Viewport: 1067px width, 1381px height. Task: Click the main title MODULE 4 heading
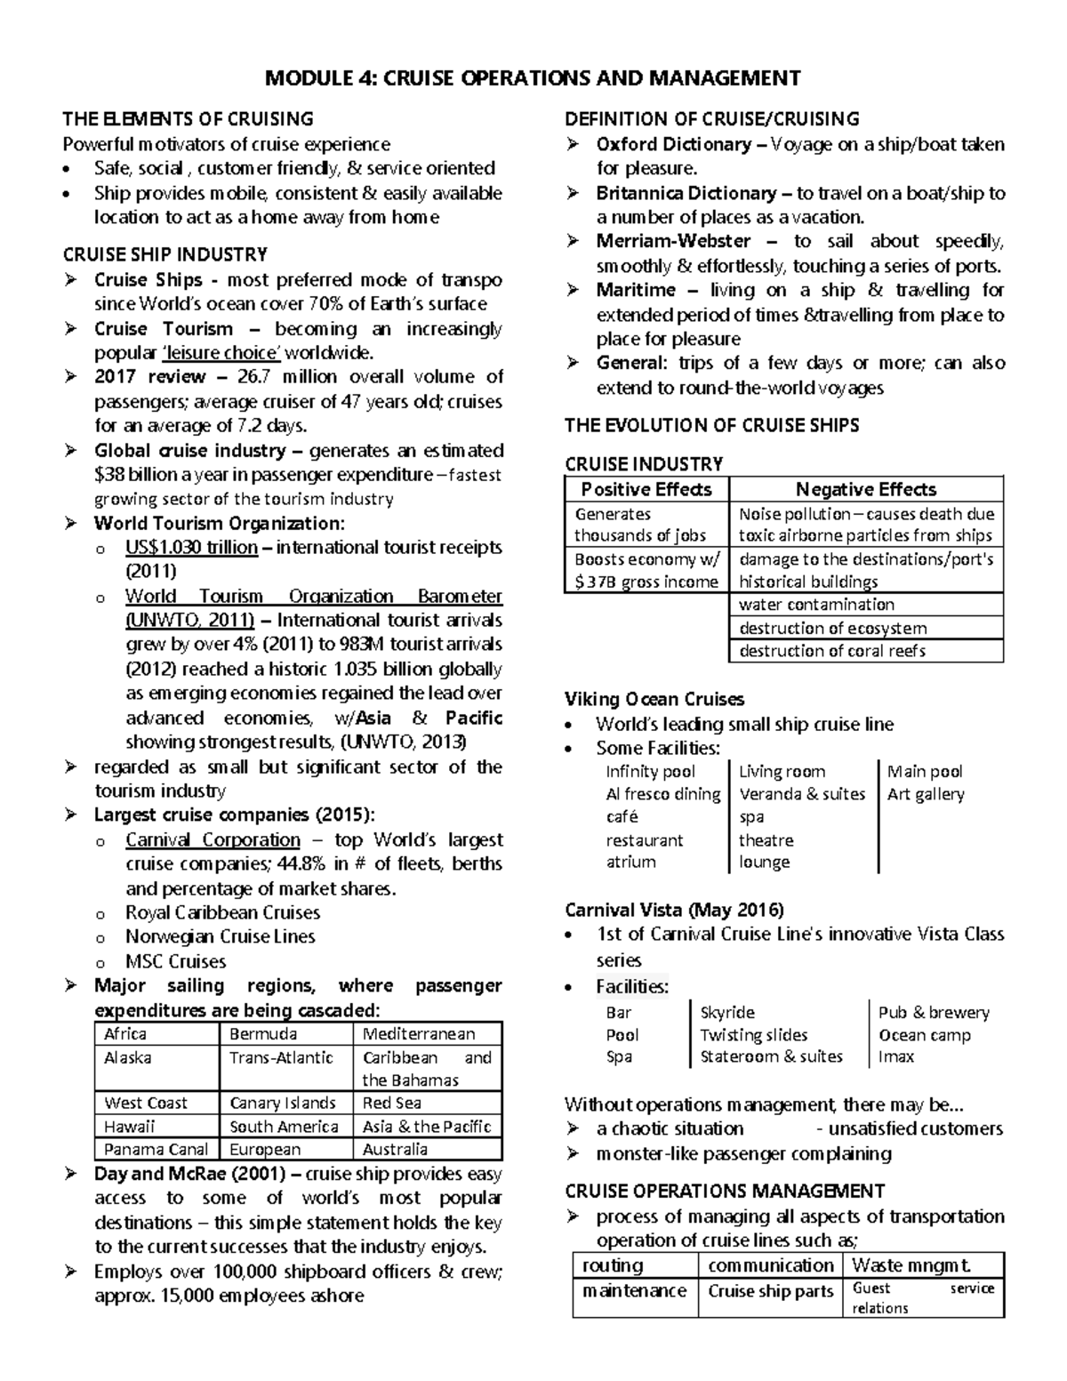coord(533,78)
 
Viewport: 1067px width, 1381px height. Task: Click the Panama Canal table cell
coord(156,1149)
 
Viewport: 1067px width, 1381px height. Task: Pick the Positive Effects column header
coord(646,489)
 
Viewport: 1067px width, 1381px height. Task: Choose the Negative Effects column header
coord(865,489)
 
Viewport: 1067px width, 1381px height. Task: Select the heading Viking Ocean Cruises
coord(654,699)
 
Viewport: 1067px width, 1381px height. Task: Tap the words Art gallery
coord(925,794)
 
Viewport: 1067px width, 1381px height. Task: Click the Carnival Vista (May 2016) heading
coord(674,910)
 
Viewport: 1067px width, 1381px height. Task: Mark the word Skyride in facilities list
coord(727,1012)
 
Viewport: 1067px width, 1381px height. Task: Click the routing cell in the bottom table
coord(613,1265)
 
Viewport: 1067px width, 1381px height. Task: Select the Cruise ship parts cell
coord(770,1291)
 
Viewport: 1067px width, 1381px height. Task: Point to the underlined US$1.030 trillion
coord(191,547)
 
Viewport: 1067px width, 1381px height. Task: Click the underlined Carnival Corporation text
coord(213,839)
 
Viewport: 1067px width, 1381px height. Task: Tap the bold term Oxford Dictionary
coord(676,144)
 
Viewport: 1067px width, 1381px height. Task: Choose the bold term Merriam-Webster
coord(673,241)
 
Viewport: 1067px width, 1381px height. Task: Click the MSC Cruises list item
coord(175,961)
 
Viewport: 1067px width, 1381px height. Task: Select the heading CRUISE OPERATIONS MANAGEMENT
coord(724,1191)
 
